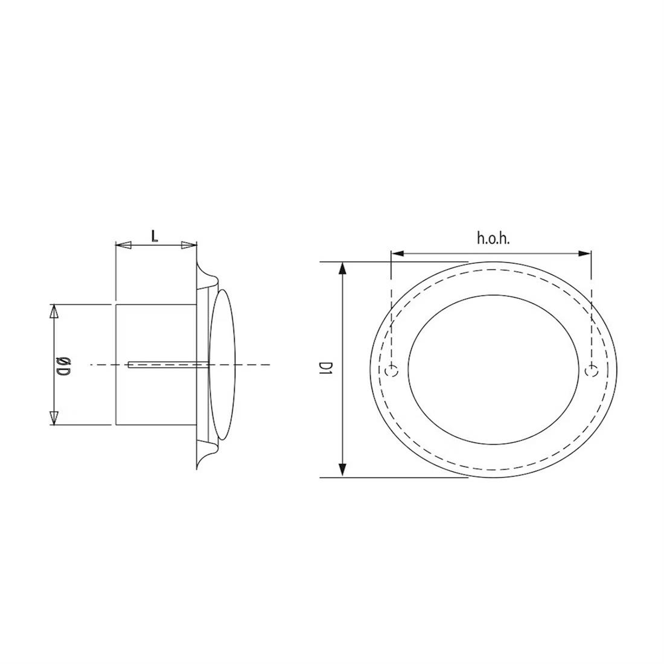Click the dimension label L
155,235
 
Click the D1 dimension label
327,369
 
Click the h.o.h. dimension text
493,238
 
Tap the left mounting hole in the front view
392,370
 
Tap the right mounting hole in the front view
592,370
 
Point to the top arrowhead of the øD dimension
54,311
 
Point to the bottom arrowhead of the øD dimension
54,417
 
